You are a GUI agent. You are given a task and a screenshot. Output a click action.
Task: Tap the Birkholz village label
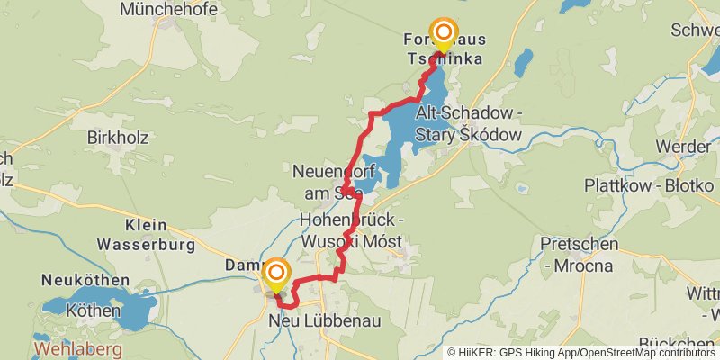117,138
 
